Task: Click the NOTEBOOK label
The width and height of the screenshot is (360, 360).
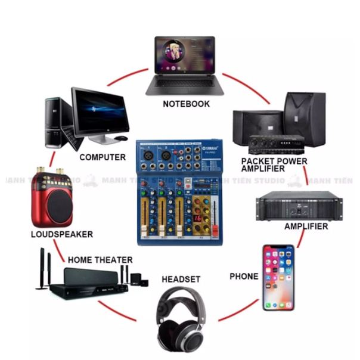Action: tap(186, 104)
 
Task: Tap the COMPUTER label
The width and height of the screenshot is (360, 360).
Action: tap(103, 157)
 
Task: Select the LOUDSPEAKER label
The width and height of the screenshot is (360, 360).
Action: tap(61, 234)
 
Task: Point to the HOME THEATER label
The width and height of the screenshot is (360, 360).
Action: tap(100, 260)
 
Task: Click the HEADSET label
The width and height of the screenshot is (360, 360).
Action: tap(181, 279)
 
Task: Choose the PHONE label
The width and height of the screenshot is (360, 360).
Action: tap(244, 277)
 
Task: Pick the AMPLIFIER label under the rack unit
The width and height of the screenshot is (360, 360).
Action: tap(306, 226)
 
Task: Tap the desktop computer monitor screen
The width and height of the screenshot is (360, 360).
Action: tap(100, 111)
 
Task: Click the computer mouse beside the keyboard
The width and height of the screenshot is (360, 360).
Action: tap(121, 138)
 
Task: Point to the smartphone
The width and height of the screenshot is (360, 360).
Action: tap(278, 277)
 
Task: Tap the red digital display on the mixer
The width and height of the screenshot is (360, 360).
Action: tap(197, 218)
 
